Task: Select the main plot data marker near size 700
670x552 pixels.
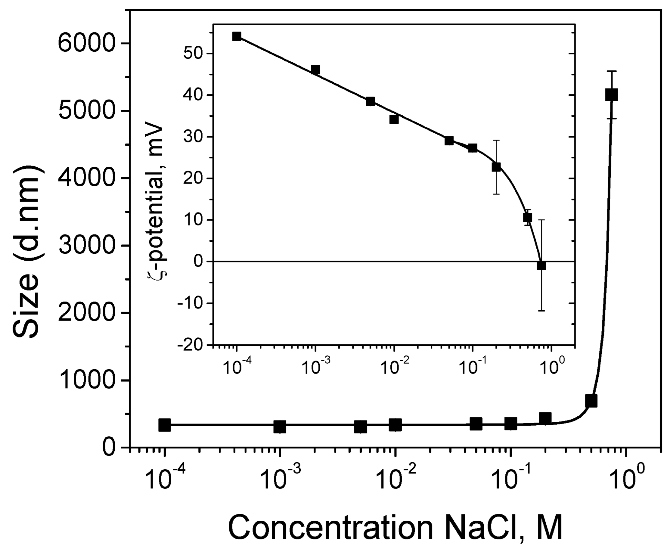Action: tap(591, 401)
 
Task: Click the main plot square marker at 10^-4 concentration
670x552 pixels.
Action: tap(165, 425)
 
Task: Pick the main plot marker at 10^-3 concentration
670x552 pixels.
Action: tap(280, 427)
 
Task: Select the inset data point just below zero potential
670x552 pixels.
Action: tap(541, 265)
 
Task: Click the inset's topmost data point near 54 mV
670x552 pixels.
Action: tap(237, 36)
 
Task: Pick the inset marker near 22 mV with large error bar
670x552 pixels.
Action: tap(496, 167)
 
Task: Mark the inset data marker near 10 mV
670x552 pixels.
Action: tap(527, 218)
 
